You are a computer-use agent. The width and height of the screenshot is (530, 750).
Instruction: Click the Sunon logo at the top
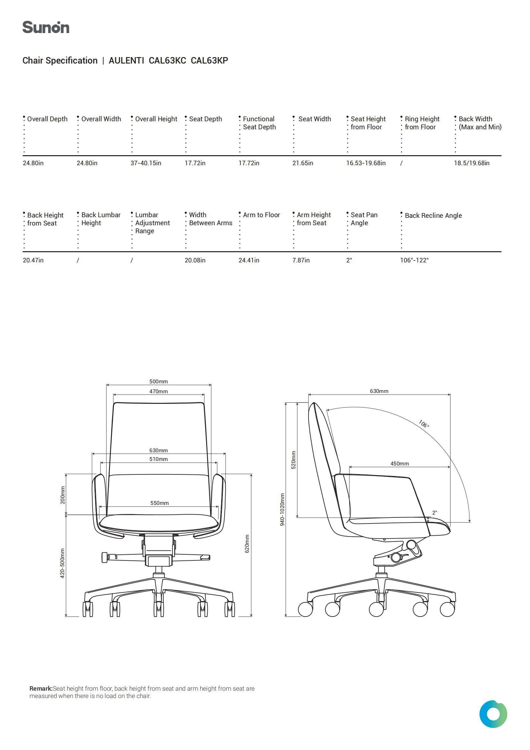(46, 28)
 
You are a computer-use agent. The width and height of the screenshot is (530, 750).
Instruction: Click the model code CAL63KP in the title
(209, 60)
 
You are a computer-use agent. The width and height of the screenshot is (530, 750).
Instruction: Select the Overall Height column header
(156, 119)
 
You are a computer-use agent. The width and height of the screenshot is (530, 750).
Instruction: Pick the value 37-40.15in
(146, 163)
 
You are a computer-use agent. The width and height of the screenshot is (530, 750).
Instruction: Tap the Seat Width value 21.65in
(303, 163)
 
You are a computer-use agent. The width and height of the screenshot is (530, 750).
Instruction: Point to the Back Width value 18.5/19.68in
(472, 163)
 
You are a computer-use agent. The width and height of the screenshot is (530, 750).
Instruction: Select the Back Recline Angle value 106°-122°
(414, 260)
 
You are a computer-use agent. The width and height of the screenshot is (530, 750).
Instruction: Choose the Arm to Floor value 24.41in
(249, 260)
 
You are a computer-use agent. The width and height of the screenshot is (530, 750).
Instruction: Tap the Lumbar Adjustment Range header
(153, 223)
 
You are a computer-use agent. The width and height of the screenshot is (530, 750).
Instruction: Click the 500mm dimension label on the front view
(159, 381)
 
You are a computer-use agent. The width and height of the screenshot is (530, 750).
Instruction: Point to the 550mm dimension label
(160, 503)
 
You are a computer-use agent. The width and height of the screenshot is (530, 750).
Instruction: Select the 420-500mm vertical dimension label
(63, 563)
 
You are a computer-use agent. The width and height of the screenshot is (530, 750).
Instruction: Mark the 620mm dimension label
(247, 543)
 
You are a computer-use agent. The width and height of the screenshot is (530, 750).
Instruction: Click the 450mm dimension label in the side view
(400, 464)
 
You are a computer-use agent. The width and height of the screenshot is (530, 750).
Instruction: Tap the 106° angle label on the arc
(424, 424)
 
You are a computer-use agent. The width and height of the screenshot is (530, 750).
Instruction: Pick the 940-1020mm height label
(282, 510)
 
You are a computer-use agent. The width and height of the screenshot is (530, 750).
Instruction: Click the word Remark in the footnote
(41, 689)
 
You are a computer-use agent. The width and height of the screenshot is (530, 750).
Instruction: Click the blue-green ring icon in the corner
(493, 714)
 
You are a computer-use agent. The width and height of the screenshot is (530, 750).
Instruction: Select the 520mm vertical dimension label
(294, 460)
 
